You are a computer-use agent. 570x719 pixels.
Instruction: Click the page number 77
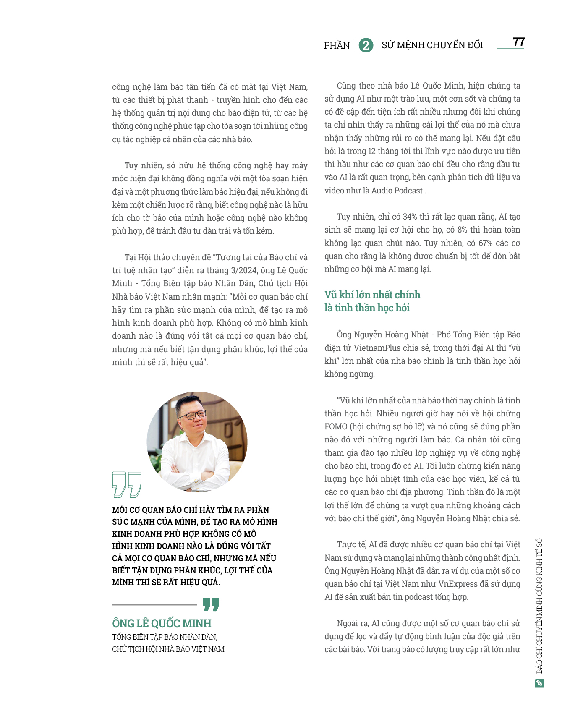click(518, 42)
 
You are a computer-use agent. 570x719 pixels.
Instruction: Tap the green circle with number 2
click(366, 45)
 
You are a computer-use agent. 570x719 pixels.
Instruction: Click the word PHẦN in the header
click(337, 45)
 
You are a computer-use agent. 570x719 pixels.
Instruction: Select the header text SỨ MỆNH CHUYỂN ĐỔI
click(432, 45)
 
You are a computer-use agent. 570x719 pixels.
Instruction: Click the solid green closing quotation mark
click(211, 604)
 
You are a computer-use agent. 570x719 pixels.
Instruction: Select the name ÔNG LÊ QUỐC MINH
click(162, 623)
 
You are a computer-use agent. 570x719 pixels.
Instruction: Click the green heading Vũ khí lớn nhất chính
click(372, 295)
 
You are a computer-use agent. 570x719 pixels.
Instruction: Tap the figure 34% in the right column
click(410, 217)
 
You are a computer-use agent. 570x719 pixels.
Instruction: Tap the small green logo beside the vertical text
click(539, 683)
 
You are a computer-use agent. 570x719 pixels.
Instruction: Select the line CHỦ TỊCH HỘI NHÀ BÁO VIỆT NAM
click(168, 649)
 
